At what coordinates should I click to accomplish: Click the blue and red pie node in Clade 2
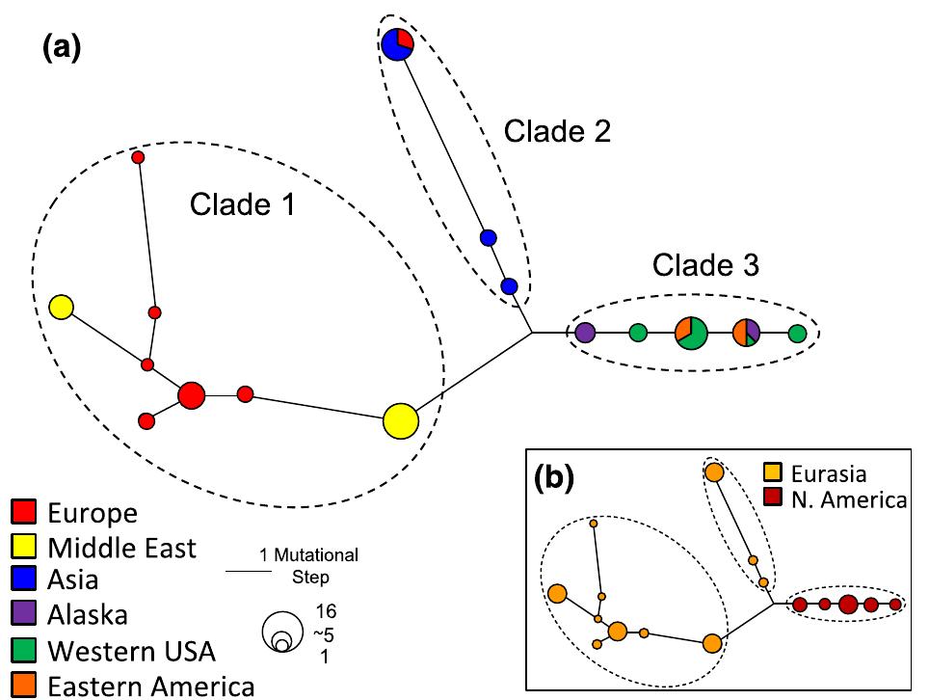click(x=397, y=44)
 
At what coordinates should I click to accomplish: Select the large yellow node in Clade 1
click(x=400, y=421)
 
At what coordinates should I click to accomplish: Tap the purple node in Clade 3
click(x=584, y=334)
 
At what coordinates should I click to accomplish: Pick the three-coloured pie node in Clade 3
click(x=747, y=333)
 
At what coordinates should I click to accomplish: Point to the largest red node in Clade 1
click(x=192, y=394)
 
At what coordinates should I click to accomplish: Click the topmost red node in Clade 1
click(x=138, y=157)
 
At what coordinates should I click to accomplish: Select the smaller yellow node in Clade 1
click(x=61, y=308)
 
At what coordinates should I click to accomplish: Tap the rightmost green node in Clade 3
click(x=797, y=334)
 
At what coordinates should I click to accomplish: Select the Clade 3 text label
click(x=705, y=265)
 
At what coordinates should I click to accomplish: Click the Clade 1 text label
click(x=242, y=203)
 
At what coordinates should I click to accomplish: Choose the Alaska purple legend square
click(x=24, y=613)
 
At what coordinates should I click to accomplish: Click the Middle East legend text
click(x=122, y=548)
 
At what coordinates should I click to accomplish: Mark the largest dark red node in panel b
click(x=848, y=605)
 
